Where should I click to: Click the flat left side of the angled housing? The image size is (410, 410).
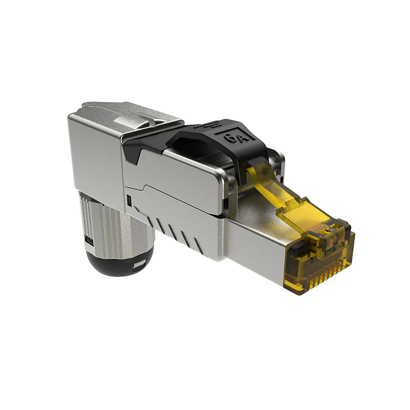point(96,153)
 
